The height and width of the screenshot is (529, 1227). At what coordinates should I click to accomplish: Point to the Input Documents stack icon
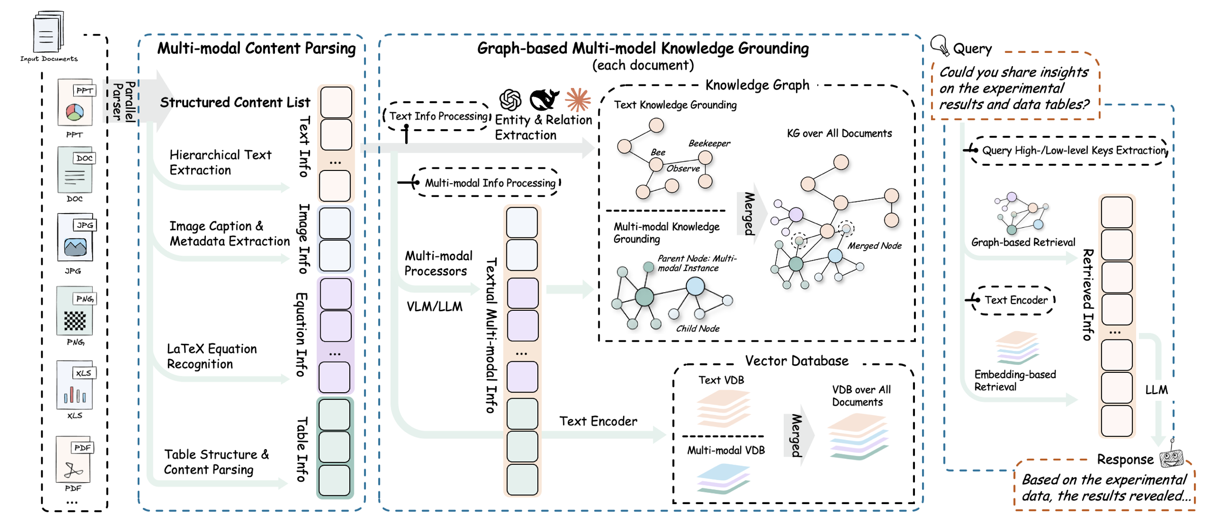click(x=49, y=32)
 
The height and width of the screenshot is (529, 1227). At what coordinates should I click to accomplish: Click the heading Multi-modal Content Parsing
click(x=256, y=48)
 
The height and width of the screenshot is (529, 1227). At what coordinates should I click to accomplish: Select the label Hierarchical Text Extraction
click(x=221, y=162)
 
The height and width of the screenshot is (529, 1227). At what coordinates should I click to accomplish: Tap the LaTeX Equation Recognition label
click(x=212, y=356)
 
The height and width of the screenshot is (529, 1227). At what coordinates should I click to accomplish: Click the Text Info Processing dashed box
click(x=437, y=116)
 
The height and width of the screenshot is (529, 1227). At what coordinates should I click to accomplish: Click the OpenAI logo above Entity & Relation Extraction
click(x=510, y=100)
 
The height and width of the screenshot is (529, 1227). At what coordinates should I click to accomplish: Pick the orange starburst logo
click(x=578, y=100)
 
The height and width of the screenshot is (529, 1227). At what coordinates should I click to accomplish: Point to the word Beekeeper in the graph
click(x=709, y=143)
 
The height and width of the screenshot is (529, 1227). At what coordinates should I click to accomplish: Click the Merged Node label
click(x=874, y=246)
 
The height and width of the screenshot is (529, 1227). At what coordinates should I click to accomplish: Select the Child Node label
click(x=697, y=329)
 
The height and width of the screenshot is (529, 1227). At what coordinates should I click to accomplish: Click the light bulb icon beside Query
click(x=939, y=45)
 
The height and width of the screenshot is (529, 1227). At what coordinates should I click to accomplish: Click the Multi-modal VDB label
click(x=726, y=450)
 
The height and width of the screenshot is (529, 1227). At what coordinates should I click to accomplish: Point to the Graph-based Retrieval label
click(x=1023, y=242)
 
